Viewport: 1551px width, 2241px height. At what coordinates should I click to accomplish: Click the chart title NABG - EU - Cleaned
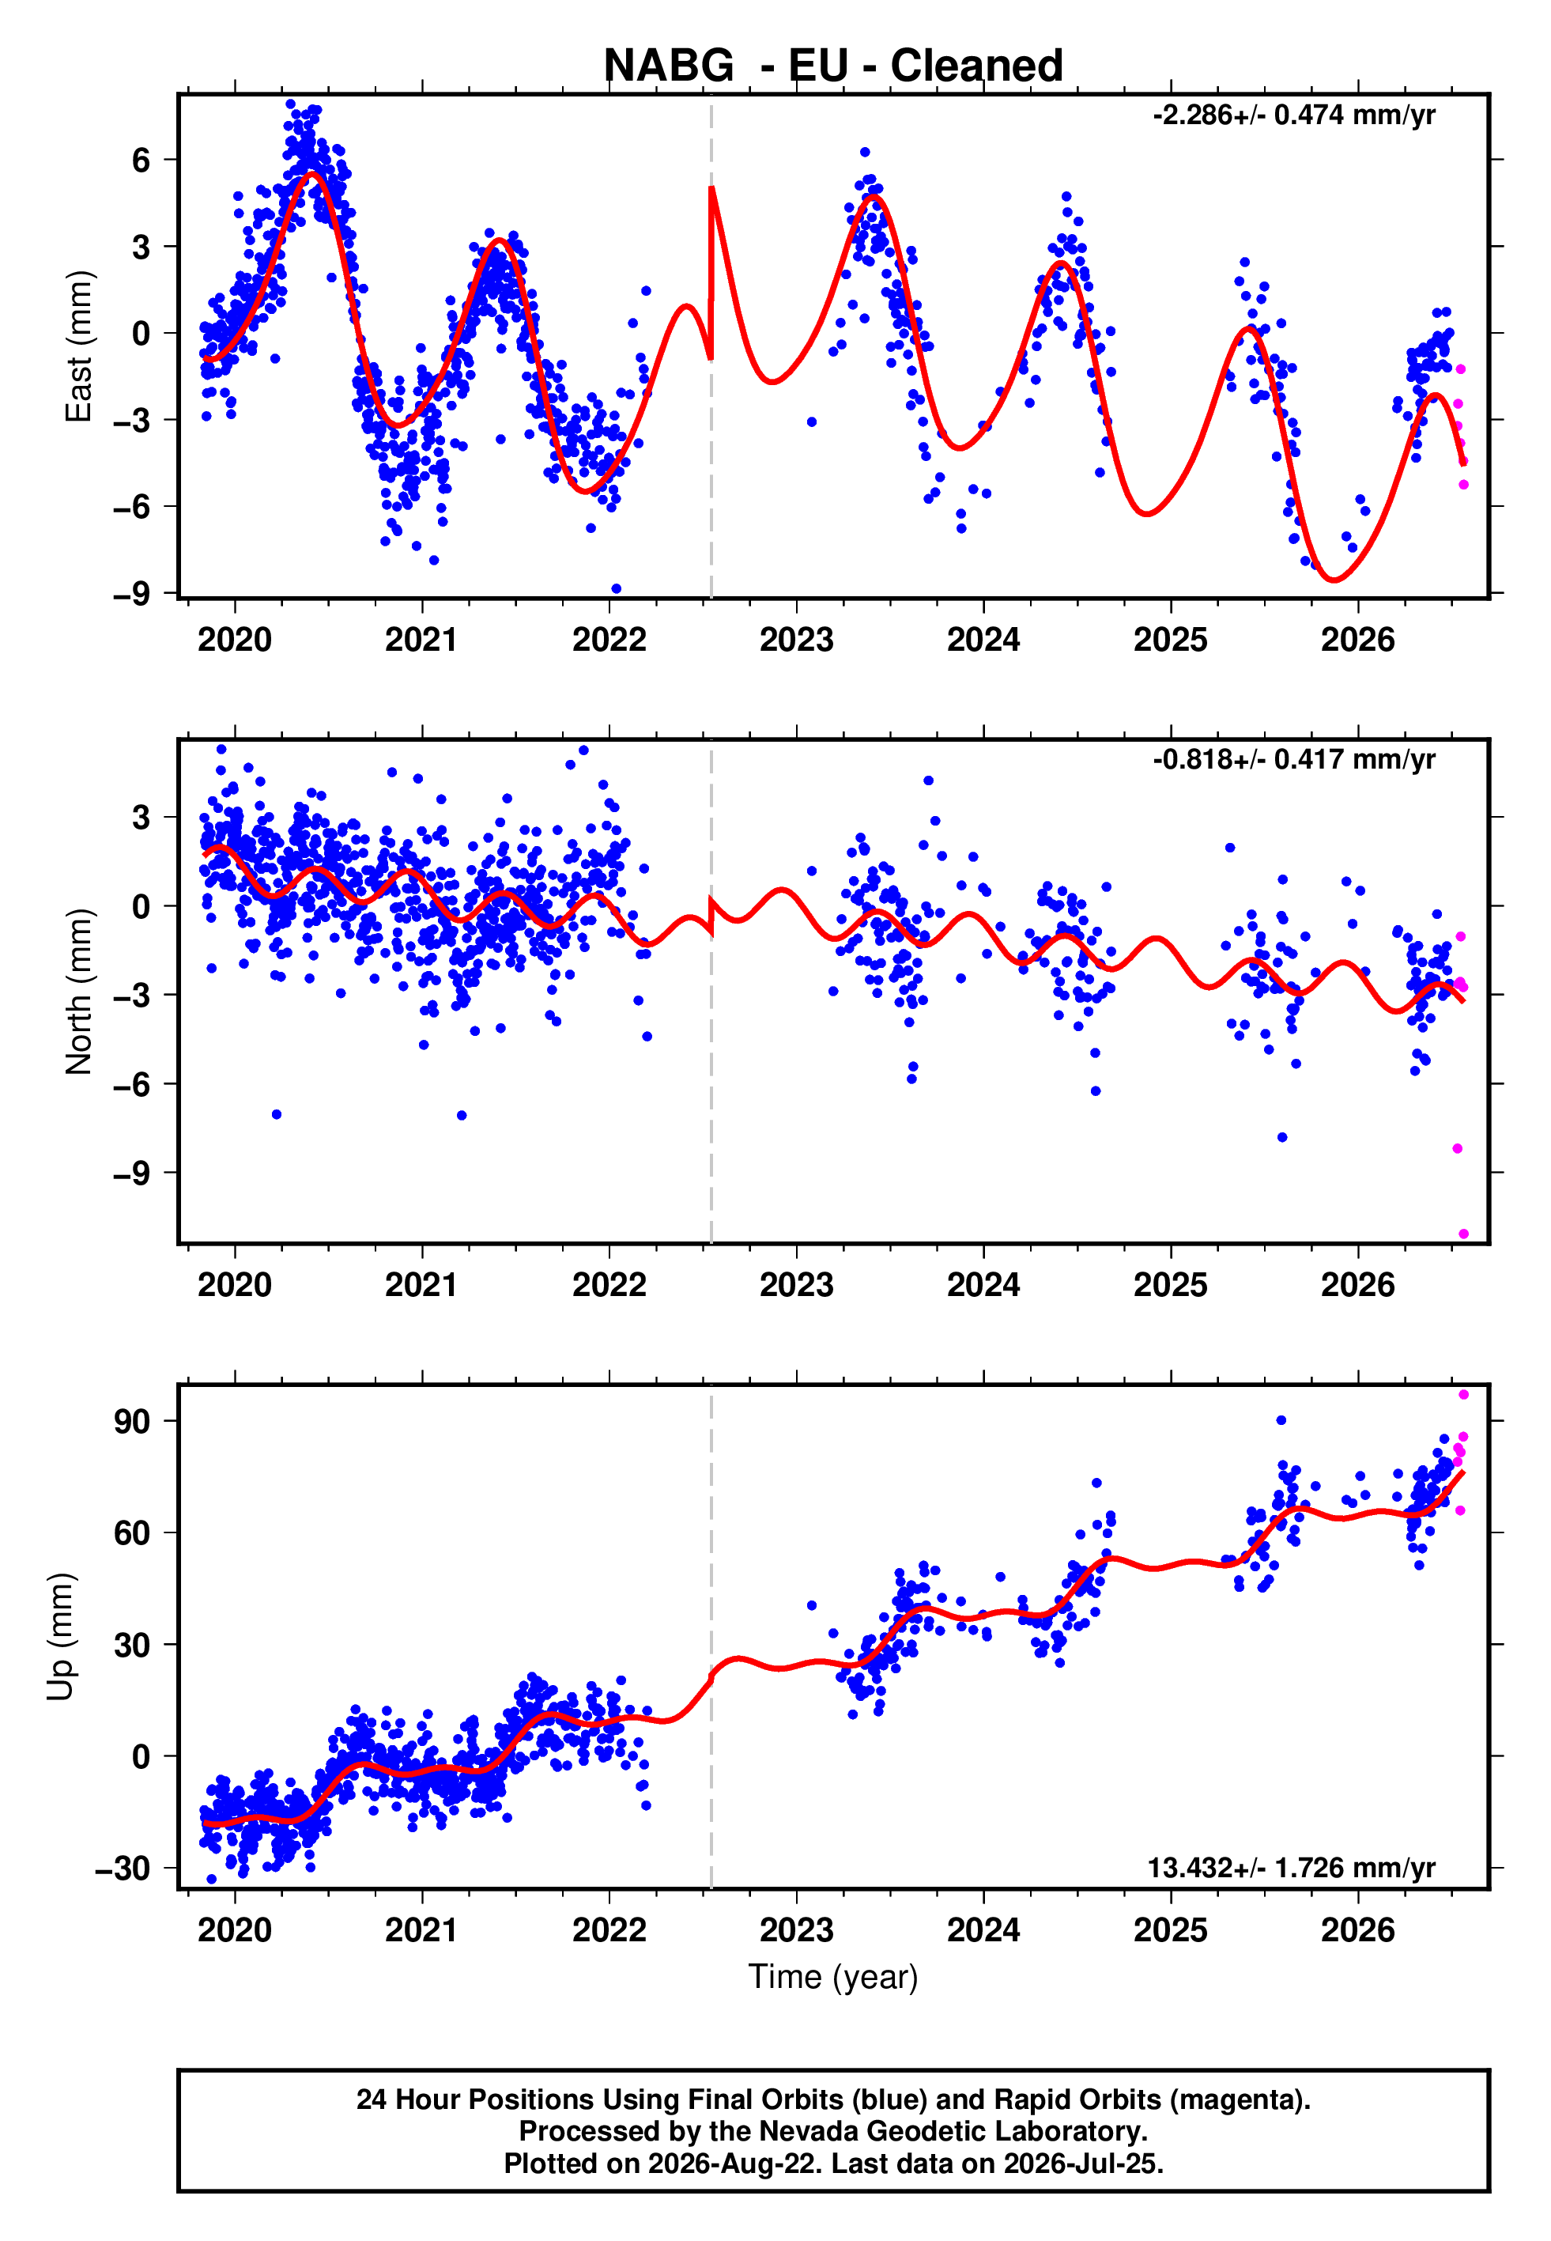(833, 66)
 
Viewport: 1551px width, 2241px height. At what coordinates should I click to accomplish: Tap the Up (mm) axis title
(61, 1637)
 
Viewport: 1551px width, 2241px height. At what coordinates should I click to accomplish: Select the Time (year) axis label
(833, 1978)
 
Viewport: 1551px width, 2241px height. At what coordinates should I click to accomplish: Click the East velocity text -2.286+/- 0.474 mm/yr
(1293, 115)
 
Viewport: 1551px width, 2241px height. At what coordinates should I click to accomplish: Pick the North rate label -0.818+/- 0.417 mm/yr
(1293, 759)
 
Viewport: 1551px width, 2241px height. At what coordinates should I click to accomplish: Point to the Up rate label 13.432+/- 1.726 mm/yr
(1292, 1868)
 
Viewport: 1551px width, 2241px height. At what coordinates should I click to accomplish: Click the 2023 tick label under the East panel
(796, 641)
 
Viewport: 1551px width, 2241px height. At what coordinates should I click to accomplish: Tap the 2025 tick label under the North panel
(1170, 1286)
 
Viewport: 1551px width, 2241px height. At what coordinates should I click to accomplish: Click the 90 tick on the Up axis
(131, 1422)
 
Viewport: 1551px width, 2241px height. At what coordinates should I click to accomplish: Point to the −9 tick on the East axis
(131, 593)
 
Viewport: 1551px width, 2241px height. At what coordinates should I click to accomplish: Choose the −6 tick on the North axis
(131, 1083)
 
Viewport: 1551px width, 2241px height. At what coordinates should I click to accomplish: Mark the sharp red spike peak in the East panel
(711, 187)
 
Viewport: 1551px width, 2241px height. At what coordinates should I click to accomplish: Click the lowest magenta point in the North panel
(1463, 1234)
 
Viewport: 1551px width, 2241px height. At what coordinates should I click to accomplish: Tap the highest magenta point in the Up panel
(1463, 1395)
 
